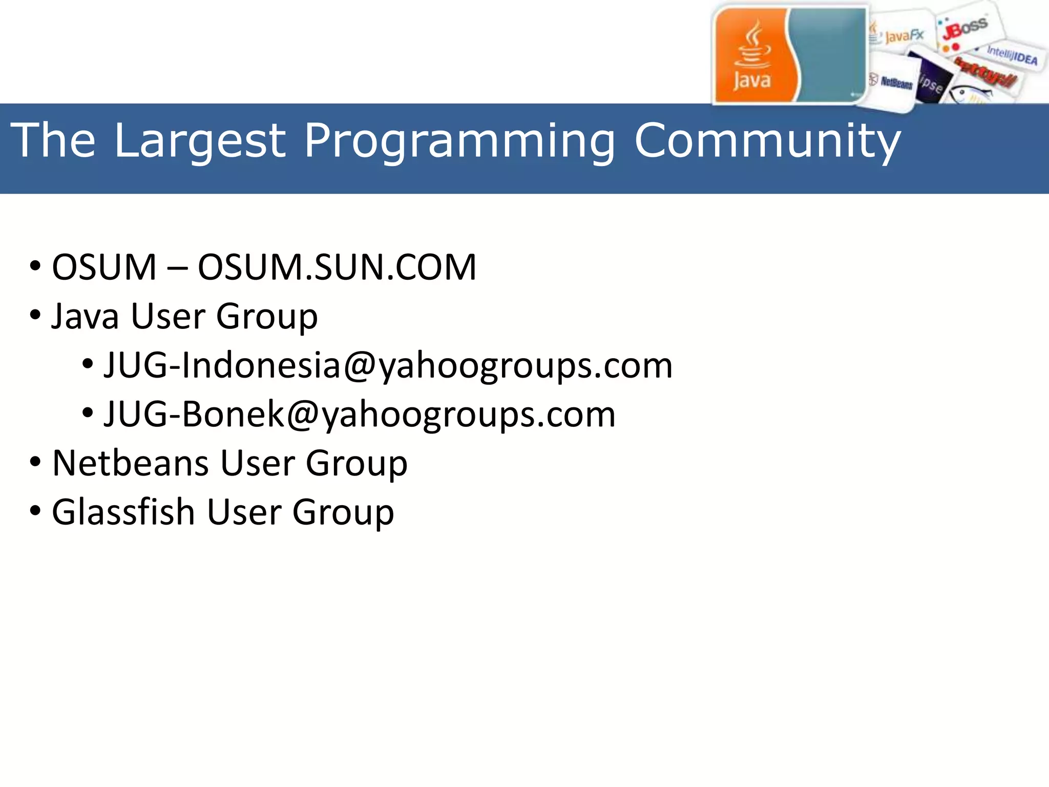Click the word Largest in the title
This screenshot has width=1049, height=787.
[x=199, y=140]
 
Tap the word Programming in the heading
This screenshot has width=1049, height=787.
[x=459, y=141]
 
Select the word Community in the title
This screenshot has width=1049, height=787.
[x=767, y=140]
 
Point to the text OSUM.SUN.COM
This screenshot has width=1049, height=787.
[x=337, y=267]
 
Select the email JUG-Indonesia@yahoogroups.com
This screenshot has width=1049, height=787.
[x=388, y=366]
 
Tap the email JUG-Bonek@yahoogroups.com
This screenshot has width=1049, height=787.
[x=359, y=415]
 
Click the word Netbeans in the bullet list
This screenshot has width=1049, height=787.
[x=130, y=463]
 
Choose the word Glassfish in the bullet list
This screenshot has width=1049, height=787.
[x=123, y=512]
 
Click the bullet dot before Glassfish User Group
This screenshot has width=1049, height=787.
[x=35, y=511]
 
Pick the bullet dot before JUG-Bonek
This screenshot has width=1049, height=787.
[x=88, y=412]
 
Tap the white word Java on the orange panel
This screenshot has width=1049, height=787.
[x=751, y=81]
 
